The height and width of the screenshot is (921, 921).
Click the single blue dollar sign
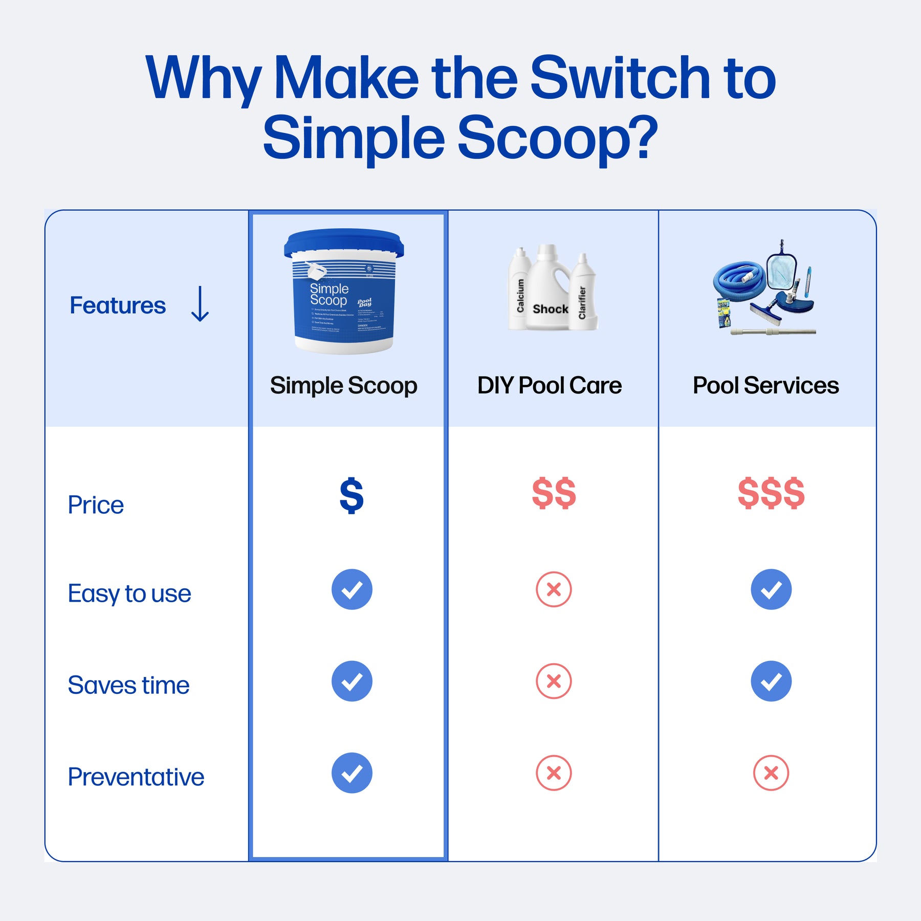[x=352, y=495]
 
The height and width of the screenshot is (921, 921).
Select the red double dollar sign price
[x=554, y=493]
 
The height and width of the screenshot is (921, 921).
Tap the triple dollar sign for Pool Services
[x=771, y=493]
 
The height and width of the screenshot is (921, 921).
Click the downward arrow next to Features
[x=200, y=304]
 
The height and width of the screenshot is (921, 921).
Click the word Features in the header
[x=118, y=305]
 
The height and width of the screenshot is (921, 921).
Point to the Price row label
[x=96, y=505]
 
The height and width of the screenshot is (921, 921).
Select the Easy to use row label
[x=129, y=594]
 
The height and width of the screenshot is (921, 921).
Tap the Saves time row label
[x=128, y=685]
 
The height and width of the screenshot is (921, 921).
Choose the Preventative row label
[x=136, y=777]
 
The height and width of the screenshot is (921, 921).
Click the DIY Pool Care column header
[x=549, y=385]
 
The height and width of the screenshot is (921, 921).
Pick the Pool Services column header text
[x=765, y=385]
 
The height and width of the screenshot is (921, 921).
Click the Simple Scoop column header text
[x=343, y=385]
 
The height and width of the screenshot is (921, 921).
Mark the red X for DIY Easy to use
[x=554, y=589]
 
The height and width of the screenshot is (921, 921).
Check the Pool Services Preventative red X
[x=771, y=773]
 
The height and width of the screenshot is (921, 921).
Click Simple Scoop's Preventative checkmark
[x=352, y=773]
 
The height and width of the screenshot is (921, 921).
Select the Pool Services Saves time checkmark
[x=771, y=681]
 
